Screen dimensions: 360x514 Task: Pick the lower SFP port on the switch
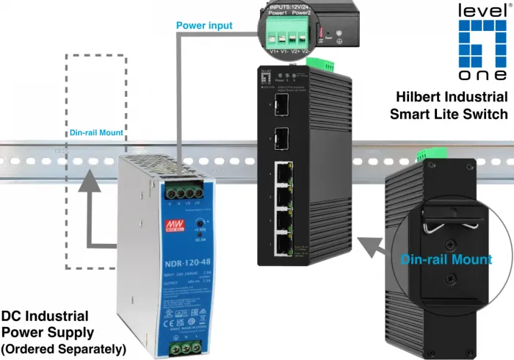281,138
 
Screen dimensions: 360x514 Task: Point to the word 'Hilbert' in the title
431,97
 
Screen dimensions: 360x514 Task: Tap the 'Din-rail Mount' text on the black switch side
446,259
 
